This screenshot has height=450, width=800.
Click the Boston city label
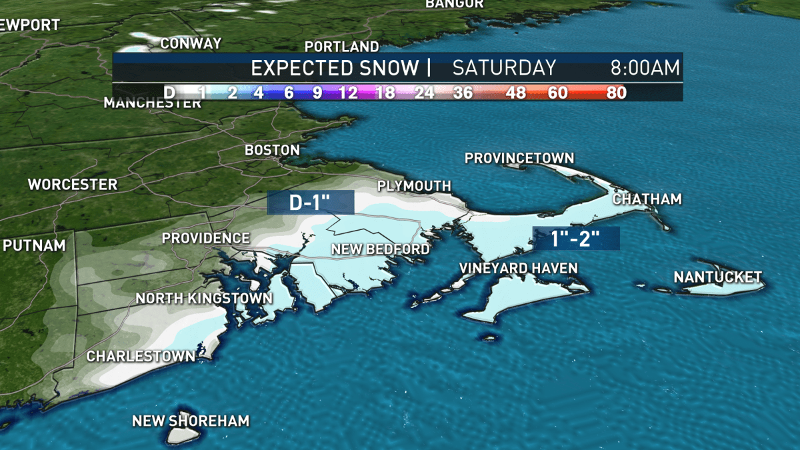point(272,150)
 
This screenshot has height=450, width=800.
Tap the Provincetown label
point(519,158)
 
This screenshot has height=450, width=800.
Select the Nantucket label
point(717,277)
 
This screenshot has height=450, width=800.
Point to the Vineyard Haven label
point(518,268)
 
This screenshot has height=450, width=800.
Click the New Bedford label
point(380,249)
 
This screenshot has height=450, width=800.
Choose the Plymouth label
point(414,186)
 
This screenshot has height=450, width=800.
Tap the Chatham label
point(647,199)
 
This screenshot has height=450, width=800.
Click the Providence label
point(206,238)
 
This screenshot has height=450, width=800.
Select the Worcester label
point(73,184)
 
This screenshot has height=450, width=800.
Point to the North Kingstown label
point(204,298)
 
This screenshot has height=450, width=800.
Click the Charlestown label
point(141,356)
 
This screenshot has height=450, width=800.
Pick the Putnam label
point(35,245)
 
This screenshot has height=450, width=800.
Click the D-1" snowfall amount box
point(310,203)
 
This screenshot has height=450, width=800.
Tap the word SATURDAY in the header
point(504,67)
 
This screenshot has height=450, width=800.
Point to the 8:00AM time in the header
point(645,67)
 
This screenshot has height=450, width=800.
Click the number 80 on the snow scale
point(617,93)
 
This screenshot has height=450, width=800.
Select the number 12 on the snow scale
point(347,93)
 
